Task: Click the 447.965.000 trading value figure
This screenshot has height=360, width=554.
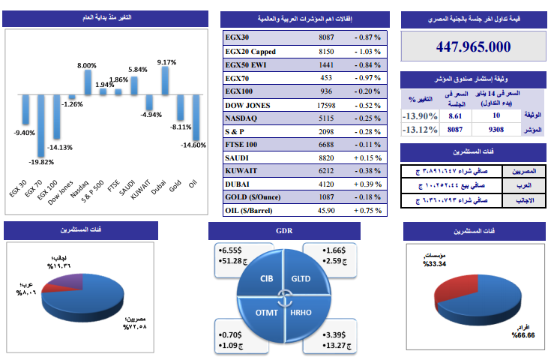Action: tap(474, 46)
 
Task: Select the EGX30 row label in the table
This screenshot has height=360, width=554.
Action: tap(239, 37)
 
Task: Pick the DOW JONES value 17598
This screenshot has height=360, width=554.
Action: tap(326, 106)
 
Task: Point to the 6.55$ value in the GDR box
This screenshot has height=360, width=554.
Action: tap(229, 249)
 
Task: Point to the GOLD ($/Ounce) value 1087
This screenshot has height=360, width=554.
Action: tap(326, 196)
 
